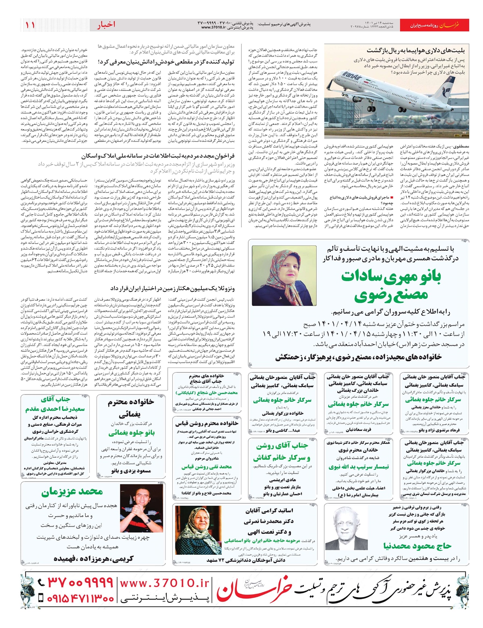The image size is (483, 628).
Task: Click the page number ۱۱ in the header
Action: coord(30,25)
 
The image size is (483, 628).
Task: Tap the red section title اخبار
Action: coord(106,25)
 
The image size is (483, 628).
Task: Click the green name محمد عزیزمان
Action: coord(72,492)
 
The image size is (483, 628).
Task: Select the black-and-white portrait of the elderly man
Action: coord(350,532)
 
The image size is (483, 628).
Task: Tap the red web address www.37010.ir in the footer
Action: coord(165,583)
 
